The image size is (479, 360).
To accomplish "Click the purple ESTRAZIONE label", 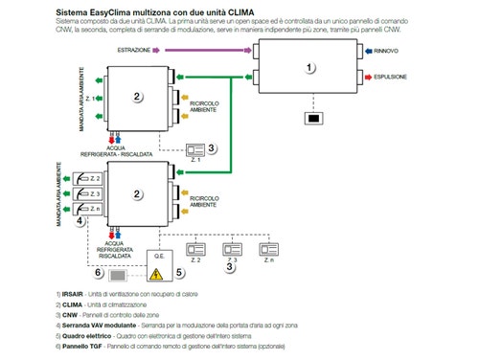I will click(133, 49).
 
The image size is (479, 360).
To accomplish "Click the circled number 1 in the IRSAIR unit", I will click(309, 67).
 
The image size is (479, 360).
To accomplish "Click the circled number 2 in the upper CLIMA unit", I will click(137, 96).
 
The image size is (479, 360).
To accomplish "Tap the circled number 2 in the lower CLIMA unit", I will click(137, 194).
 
